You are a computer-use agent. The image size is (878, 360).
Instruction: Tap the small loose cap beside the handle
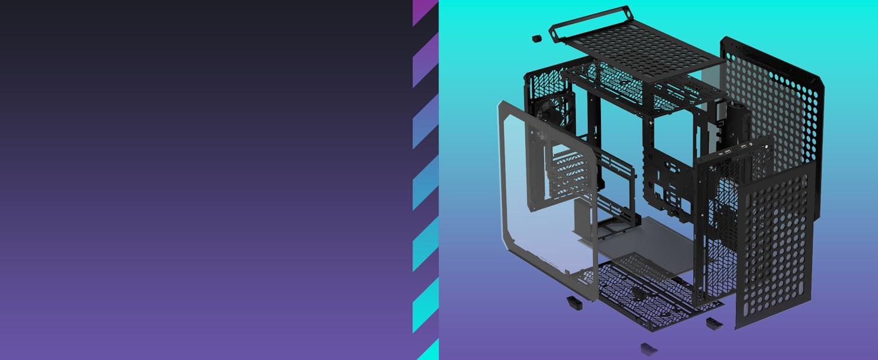click(x=537, y=39)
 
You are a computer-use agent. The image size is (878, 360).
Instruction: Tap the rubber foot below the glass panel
click(x=575, y=302)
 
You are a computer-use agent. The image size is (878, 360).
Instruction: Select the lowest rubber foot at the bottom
click(x=648, y=348)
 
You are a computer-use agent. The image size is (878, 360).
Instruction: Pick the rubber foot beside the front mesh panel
click(x=714, y=323)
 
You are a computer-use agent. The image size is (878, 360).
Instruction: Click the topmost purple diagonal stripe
click(x=425, y=12)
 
